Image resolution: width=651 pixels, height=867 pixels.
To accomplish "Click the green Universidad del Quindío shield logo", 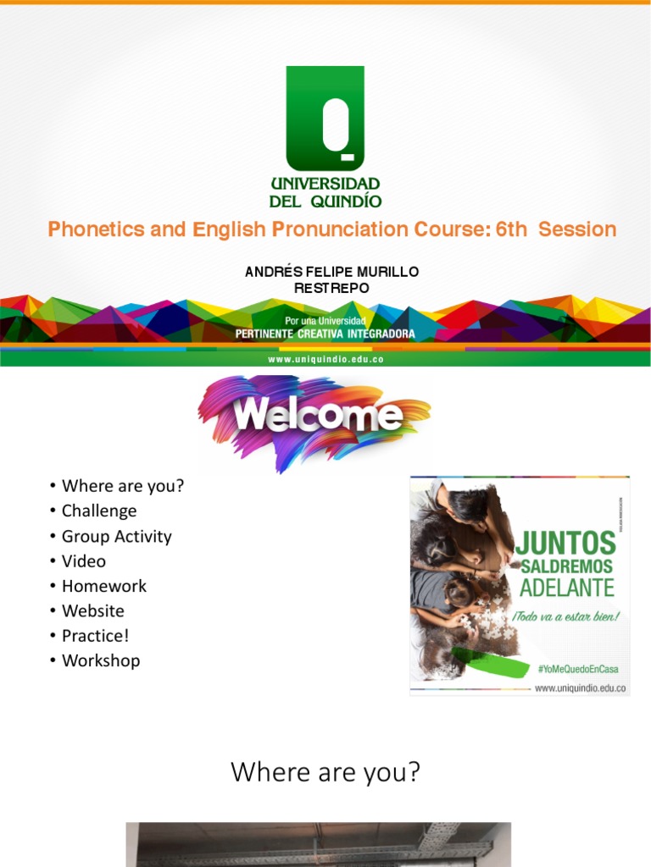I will [x=325, y=119].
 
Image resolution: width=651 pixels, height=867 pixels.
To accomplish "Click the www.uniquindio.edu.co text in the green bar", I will [x=325, y=360].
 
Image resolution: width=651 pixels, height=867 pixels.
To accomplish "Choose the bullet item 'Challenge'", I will [x=98, y=511].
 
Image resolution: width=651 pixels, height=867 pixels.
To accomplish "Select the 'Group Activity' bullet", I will [x=116, y=536].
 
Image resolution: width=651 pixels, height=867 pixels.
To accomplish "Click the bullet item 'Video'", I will [x=84, y=561].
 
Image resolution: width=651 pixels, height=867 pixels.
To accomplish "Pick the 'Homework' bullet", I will [x=103, y=586].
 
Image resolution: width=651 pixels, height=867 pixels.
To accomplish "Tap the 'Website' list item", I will [x=92, y=610].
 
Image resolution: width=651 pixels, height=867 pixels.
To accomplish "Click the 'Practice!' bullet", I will [x=95, y=635].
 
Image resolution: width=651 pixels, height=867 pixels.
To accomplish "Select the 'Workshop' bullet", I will [x=101, y=660].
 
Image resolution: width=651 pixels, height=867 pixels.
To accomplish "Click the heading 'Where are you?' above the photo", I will [x=325, y=772].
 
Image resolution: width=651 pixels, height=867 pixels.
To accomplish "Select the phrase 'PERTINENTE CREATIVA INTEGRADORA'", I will [x=325, y=334].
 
